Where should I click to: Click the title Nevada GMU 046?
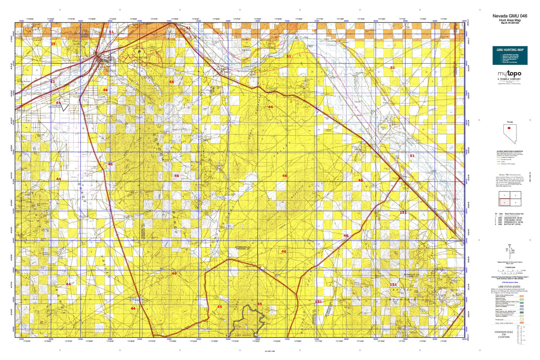[x=510, y=16]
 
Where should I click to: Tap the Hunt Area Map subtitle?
[x=510, y=20]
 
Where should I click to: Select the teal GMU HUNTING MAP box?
[x=510, y=55]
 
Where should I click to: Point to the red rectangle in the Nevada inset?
[x=509, y=128]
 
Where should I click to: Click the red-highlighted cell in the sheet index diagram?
[x=504, y=202]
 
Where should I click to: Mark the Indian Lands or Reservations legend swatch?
[x=521, y=322]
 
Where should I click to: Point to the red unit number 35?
[x=53, y=44]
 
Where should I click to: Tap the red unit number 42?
[x=52, y=82]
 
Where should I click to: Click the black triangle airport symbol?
[x=65, y=108]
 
